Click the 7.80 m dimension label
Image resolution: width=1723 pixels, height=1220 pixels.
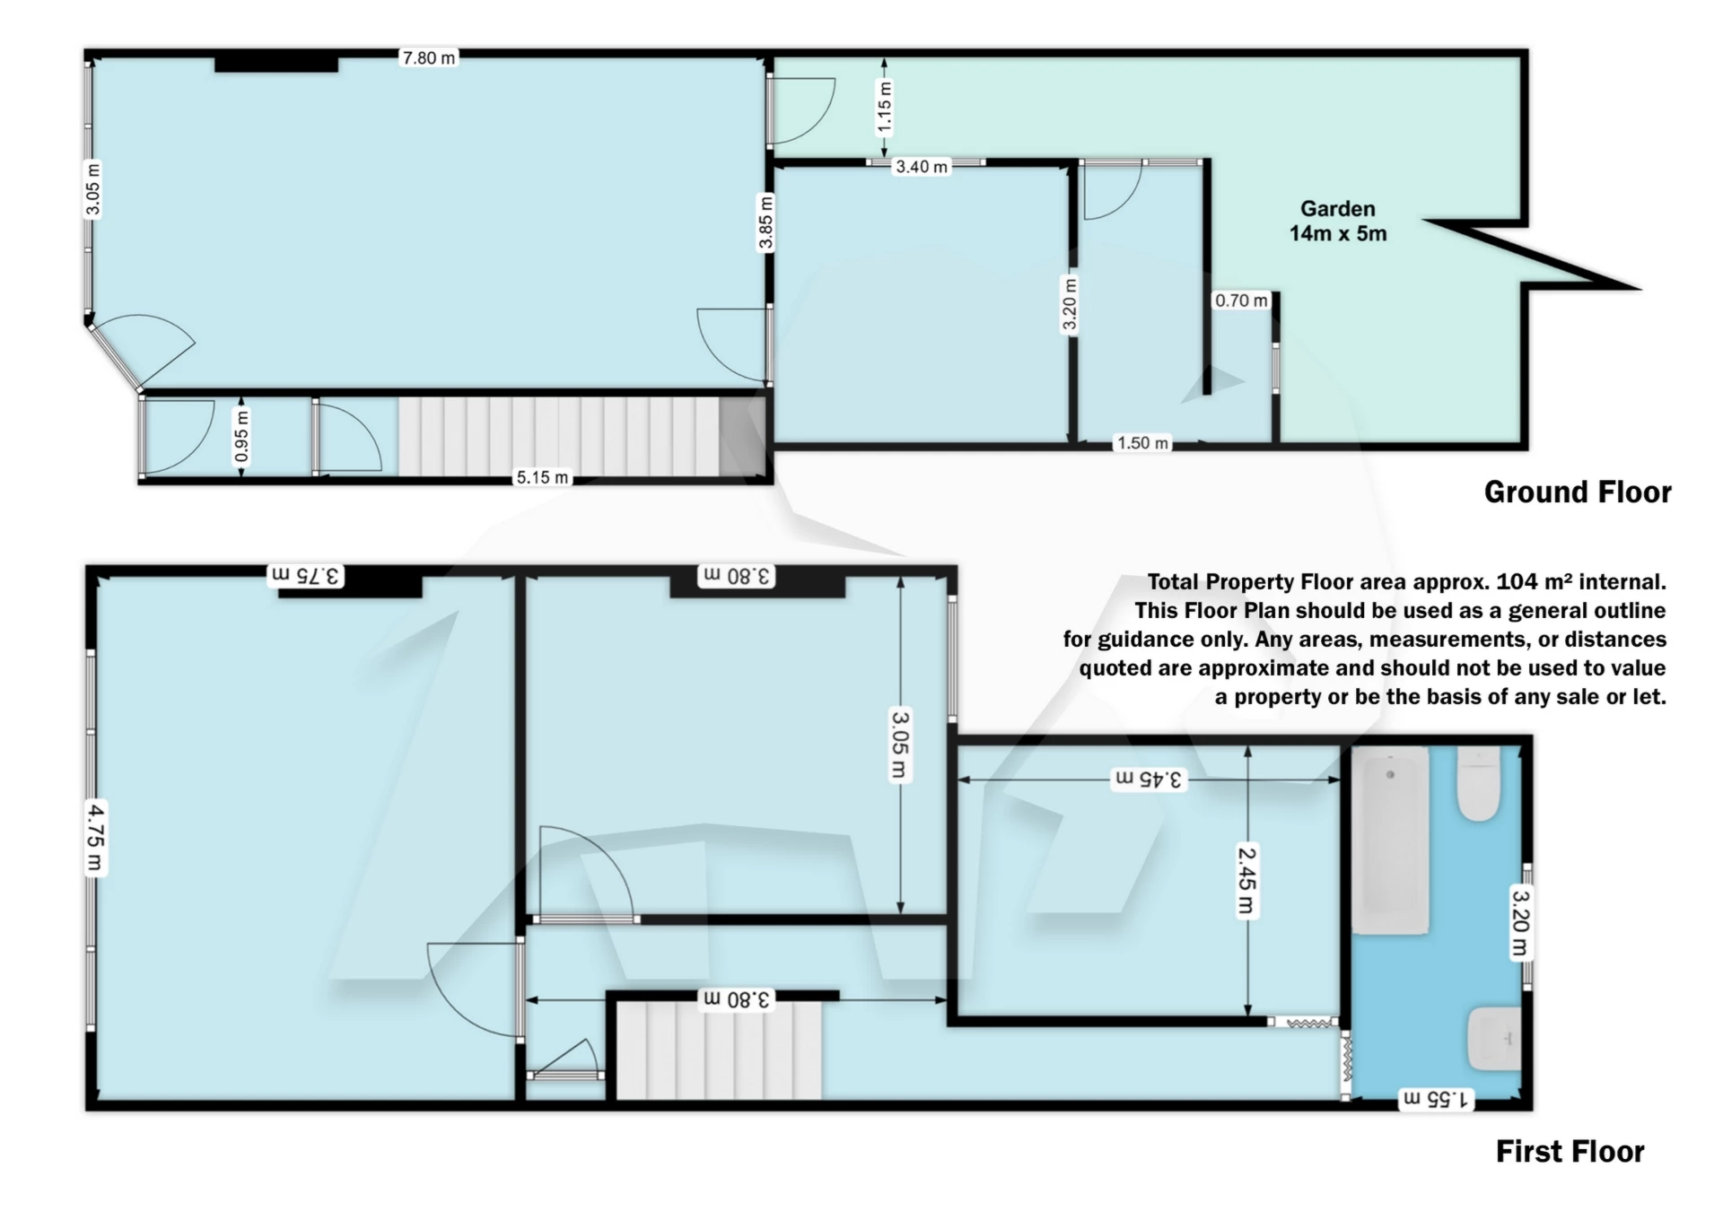click(x=429, y=58)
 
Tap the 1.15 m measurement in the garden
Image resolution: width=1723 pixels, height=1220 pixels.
click(x=885, y=106)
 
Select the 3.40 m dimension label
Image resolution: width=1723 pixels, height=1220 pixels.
click(x=922, y=167)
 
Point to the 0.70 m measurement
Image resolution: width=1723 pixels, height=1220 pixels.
click(x=1241, y=301)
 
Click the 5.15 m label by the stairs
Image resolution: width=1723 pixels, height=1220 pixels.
click(x=542, y=477)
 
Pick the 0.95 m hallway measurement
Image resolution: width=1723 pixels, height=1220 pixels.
click(x=241, y=437)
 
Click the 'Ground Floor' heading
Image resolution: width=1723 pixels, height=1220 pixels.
click(x=1577, y=492)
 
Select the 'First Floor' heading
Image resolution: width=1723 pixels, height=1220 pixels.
click(x=1570, y=1151)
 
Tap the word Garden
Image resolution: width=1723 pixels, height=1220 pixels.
click(x=1337, y=209)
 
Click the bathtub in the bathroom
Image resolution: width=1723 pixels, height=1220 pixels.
click(x=1390, y=841)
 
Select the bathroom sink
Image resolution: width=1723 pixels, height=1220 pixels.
click(x=1494, y=1039)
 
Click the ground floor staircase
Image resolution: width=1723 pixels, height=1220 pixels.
click(x=560, y=436)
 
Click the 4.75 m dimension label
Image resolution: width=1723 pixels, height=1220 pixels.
click(x=95, y=837)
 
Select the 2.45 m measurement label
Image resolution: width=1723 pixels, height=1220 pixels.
click(x=1246, y=882)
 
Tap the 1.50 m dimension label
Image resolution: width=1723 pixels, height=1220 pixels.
click(x=1142, y=443)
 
